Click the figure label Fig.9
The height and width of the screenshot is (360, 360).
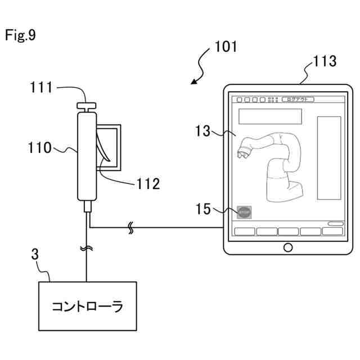click(x=20, y=35)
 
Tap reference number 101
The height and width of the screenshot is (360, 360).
click(x=226, y=47)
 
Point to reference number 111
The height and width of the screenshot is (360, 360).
click(x=41, y=87)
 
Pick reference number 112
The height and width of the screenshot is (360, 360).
click(x=148, y=183)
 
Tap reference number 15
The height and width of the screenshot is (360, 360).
click(x=203, y=210)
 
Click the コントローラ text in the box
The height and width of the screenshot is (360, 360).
click(x=87, y=307)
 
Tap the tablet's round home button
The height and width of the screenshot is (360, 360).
click(x=288, y=246)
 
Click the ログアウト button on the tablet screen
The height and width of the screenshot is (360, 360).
click(x=298, y=100)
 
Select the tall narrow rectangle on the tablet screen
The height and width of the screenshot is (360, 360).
click(x=329, y=157)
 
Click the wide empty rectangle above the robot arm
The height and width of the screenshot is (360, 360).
click(x=271, y=116)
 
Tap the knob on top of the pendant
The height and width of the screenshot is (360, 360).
click(x=87, y=106)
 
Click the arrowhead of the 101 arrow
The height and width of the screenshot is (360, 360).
click(x=193, y=83)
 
